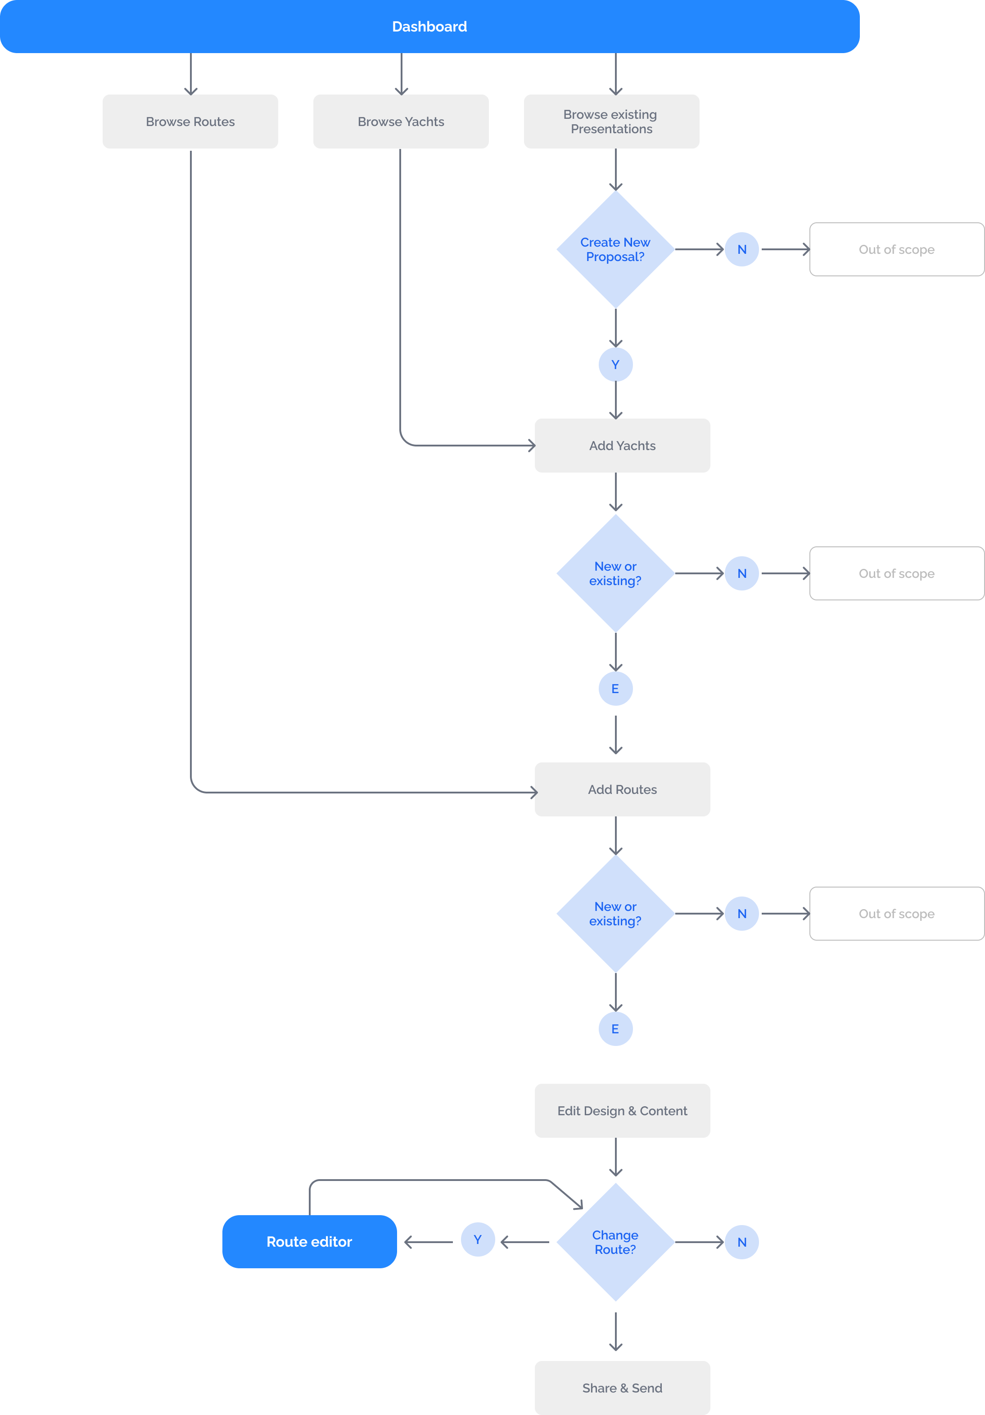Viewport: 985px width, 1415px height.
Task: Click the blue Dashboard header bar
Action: pyautogui.click(x=429, y=27)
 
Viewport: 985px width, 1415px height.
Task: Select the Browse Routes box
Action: pyautogui.click(x=190, y=122)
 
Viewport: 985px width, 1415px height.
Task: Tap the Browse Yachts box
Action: pyautogui.click(x=401, y=122)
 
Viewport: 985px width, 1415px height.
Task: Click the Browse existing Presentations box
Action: pyautogui.click(x=611, y=122)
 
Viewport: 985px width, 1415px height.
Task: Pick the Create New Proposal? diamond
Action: pyautogui.click(x=615, y=250)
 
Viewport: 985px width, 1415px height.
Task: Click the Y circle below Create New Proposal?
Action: pyautogui.click(x=615, y=365)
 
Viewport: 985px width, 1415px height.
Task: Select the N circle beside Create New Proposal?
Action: pyautogui.click(x=741, y=250)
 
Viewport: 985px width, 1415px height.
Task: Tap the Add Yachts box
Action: pyautogui.click(x=622, y=446)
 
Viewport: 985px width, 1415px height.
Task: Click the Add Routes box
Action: pyautogui.click(x=622, y=789)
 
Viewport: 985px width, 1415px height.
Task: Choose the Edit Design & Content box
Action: pyautogui.click(x=622, y=1111)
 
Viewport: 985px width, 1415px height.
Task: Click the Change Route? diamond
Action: pyautogui.click(x=615, y=1242)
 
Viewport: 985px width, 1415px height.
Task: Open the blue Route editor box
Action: pyautogui.click(x=309, y=1242)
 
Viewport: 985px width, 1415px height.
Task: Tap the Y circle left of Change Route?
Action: pyautogui.click(x=478, y=1239)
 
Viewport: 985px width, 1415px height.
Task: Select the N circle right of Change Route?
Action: pyautogui.click(x=741, y=1242)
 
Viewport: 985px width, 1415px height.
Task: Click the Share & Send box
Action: pyautogui.click(x=622, y=1388)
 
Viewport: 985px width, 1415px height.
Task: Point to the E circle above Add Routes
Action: pyautogui.click(x=615, y=689)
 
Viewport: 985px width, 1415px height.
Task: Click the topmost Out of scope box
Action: pyautogui.click(x=896, y=250)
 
